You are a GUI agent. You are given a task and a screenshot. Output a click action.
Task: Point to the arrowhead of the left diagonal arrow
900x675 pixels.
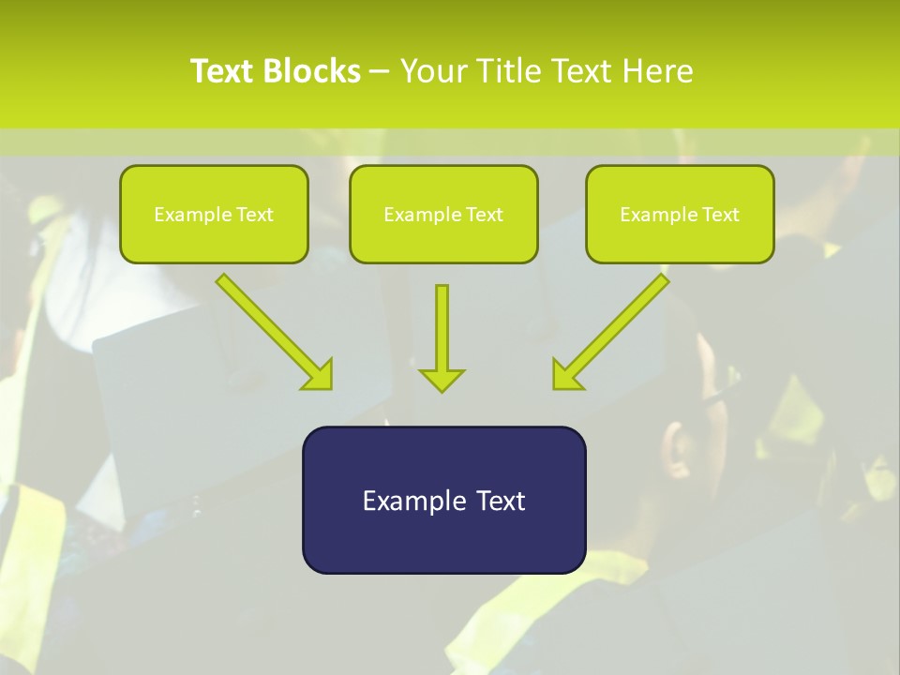pos(319,375)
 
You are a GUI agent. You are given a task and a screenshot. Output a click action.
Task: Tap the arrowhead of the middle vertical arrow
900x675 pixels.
pos(442,381)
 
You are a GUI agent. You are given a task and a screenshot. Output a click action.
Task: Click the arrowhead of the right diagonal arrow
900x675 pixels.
pos(565,375)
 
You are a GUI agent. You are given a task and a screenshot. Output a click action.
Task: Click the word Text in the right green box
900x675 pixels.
pos(720,215)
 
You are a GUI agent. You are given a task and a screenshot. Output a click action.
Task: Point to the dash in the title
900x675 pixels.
pos(380,72)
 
